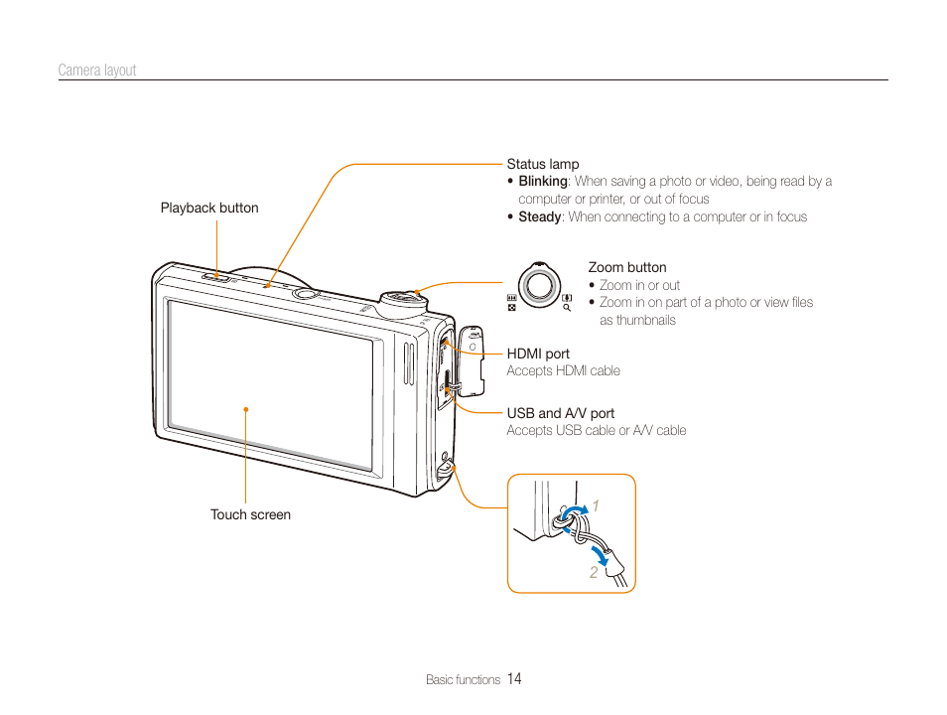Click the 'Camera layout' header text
click(x=96, y=71)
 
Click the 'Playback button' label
click(x=209, y=208)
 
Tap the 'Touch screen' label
click(x=250, y=514)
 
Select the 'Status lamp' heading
click(x=542, y=164)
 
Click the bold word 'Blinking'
click(x=542, y=182)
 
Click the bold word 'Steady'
click(x=539, y=217)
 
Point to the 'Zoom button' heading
click(x=626, y=267)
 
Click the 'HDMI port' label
click(x=538, y=354)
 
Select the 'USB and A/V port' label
click(x=560, y=413)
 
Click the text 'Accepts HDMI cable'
click(x=563, y=371)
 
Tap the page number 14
click(x=513, y=679)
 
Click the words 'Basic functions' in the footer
click(x=463, y=680)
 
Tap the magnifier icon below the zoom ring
click(x=567, y=309)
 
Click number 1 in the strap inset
click(x=597, y=507)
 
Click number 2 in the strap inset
click(x=594, y=572)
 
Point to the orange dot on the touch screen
click(x=245, y=408)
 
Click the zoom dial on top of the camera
click(x=404, y=297)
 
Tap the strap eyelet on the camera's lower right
click(x=446, y=463)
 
